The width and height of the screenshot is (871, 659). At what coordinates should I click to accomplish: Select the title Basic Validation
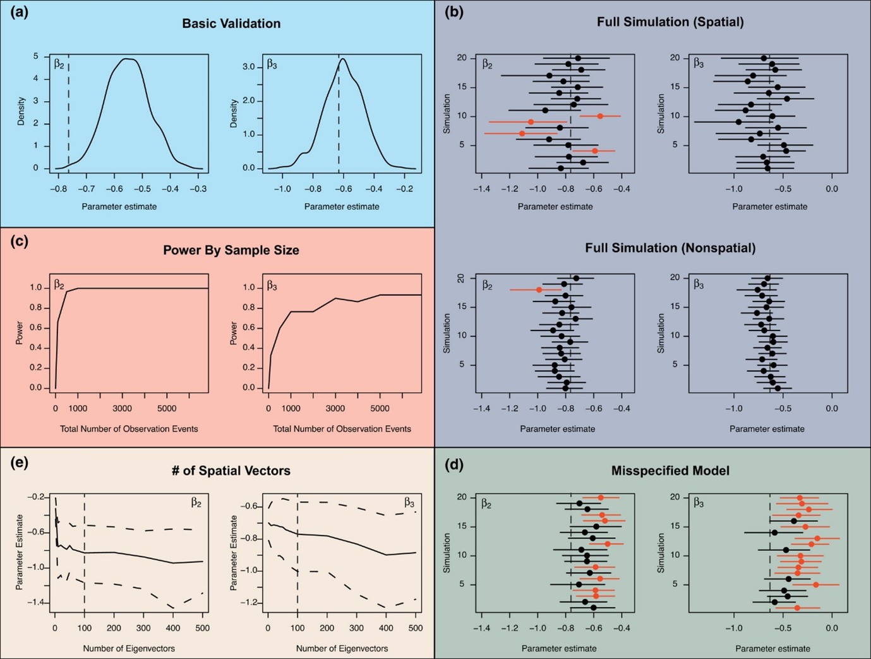(x=231, y=23)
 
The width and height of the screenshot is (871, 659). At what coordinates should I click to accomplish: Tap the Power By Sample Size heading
(x=231, y=250)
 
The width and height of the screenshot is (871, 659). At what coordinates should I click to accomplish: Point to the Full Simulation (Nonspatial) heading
(x=670, y=248)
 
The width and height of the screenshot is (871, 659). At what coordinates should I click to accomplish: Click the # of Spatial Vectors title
(x=231, y=471)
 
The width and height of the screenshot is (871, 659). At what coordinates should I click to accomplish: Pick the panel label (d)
(x=454, y=466)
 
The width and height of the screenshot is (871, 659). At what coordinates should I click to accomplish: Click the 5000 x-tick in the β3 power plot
(x=380, y=408)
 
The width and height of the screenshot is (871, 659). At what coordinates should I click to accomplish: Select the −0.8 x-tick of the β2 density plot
(x=58, y=189)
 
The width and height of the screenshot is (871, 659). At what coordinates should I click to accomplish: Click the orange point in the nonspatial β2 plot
(x=539, y=289)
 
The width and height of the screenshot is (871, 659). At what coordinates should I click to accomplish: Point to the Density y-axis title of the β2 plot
(x=21, y=111)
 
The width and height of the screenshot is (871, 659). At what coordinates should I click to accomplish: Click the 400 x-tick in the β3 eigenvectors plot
(x=386, y=629)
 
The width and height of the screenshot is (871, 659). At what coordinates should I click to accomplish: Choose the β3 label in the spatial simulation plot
(x=699, y=63)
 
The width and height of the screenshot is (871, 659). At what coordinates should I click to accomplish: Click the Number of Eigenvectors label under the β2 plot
(x=129, y=648)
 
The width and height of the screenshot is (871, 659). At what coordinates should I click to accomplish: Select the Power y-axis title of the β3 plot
(x=234, y=333)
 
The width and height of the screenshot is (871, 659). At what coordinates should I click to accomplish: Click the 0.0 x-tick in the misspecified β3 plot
(x=832, y=629)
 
